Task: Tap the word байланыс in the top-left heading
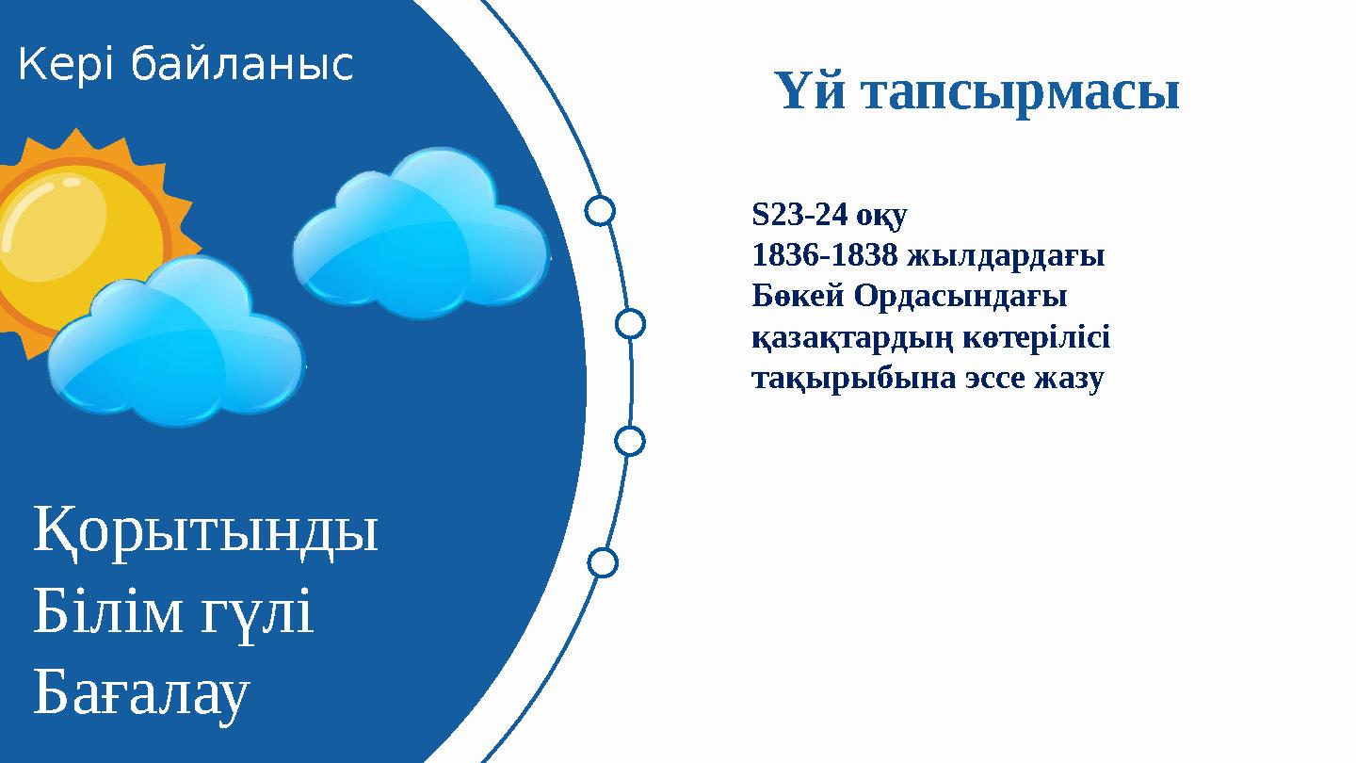241,65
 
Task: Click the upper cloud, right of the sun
421,235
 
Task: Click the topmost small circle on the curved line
600,210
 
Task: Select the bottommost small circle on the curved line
603,562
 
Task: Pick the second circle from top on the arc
630,323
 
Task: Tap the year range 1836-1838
824,256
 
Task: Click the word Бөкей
799,297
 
